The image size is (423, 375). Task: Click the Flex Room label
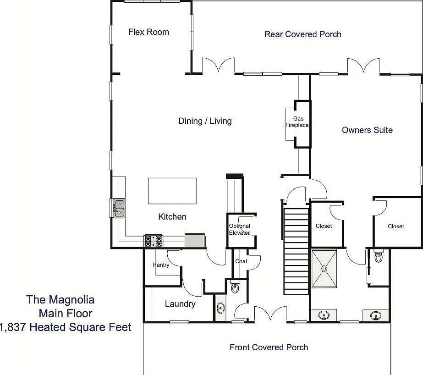148,32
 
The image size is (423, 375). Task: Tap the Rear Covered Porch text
302,34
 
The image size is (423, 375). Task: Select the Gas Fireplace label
297,121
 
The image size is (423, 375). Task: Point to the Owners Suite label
367,130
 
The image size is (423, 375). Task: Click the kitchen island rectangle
172,191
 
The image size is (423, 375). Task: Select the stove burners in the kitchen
154,241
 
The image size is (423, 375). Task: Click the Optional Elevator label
240,229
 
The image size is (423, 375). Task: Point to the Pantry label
161,265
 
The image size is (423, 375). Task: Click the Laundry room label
180,304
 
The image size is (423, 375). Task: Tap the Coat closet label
241,261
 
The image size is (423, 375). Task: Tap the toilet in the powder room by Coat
236,287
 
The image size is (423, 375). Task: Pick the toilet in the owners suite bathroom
378,257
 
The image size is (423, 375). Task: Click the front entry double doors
270,315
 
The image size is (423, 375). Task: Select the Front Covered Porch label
269,347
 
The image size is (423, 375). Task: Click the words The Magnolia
60,300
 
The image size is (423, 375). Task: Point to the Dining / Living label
205,121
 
